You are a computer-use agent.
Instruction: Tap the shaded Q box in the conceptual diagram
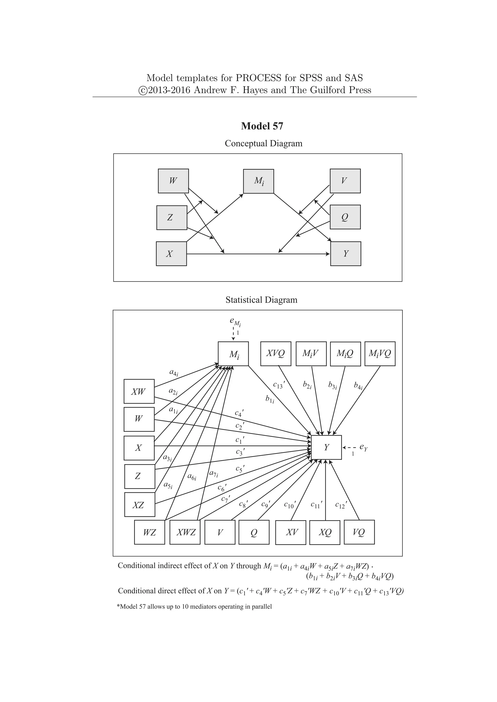click(345, 217)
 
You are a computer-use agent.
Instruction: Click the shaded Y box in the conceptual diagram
click(346, 254)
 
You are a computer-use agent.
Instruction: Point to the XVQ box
click(275, 353)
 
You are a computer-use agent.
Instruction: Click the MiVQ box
click(380, 353)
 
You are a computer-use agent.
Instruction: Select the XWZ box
click(185, 532)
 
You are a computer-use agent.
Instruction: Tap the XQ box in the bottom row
click(325, 532)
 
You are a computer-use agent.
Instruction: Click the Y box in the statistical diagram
click(326, 447)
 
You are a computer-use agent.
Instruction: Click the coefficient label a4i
click(174, 372)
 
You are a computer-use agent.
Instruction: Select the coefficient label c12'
click(341, 505)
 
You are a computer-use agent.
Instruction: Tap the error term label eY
click(364, 447)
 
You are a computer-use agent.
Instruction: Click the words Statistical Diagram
click(261, 300)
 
